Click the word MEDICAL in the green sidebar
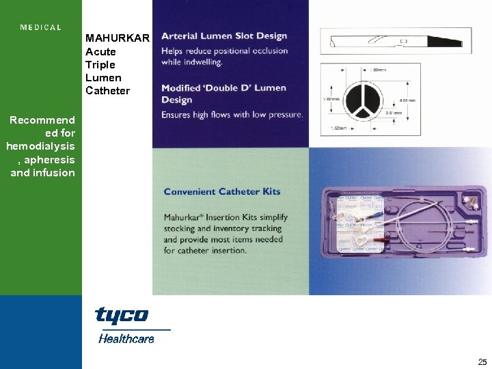coord(41,28)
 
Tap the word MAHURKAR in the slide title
coord(117,38)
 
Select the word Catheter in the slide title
coord(107,90)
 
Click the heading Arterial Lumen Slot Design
coord(224,36)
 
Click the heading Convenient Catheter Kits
coord(222,191)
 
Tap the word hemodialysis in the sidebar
coord(40,146)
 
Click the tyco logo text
coord(122,315)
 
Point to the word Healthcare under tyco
coord(126,338)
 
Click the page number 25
coord(482,362)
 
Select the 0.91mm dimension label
coord(394,113)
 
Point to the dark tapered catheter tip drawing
coord(396,41)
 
